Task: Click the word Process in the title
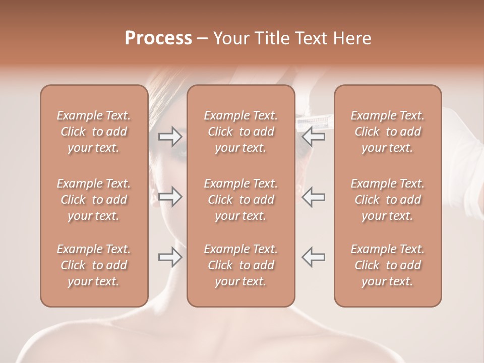click(158, 38)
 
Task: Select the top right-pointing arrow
click(170, 137)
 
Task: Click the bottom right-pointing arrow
click(170, 257)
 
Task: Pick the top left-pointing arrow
click(314, 137)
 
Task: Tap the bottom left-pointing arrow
click(314, 257)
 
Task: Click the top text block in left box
click(94, 132)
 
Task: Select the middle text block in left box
click(94, 200)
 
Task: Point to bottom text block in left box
click(94, 265)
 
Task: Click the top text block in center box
click(241, 132)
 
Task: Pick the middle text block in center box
click(241, 200)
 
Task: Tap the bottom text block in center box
click(241, 265)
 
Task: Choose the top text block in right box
click(388, 132)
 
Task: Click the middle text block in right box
click(388, 200)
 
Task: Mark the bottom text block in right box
click(388, 265)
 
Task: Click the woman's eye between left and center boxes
click(180, 150)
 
